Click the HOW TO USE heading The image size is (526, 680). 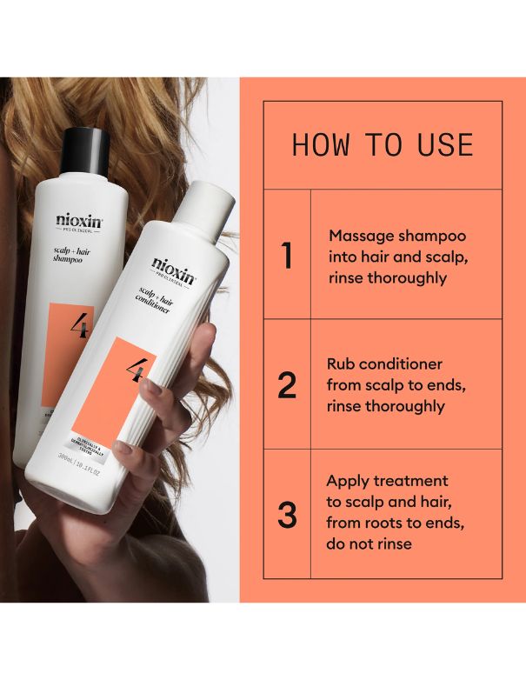coord(383,144)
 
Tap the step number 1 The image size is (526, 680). coord(287,257)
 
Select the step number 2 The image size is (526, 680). coord(287,385)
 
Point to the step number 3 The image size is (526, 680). coord(287,514)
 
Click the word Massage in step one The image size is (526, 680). coord(359,237)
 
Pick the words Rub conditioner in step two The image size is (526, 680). coord(384,364)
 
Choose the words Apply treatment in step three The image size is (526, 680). coord(387,481)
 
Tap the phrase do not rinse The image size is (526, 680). coord(370,544)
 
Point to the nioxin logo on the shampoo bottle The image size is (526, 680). coord(78,222)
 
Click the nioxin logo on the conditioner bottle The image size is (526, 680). coord(174,267)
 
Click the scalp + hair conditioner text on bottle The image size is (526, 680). coord(160,304)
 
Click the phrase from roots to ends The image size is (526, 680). coord(388,523)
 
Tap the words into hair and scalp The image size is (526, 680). coord(385,257)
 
